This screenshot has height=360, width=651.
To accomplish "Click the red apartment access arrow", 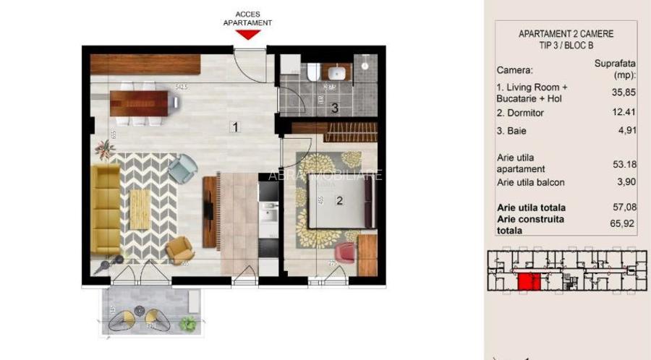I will point(248,34).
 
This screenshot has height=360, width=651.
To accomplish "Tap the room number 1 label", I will point(235,127).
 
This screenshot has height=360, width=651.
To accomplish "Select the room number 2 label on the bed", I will point(339,201).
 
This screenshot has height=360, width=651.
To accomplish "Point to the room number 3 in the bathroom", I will point(334,109).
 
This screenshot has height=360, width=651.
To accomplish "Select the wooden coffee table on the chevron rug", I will point(140,205).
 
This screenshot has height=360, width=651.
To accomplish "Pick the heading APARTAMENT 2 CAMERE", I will point(566,34).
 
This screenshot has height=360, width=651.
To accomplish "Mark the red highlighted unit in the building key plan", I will point(529,281).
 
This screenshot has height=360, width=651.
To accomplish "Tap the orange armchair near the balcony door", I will point(179,250).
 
